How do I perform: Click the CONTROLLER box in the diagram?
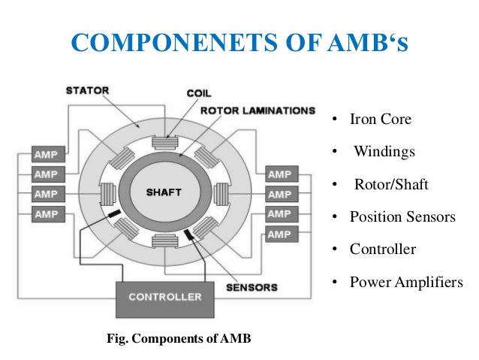click(164, 297)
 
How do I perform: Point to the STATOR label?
click(87, 92)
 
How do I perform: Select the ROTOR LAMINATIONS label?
click(257, 110)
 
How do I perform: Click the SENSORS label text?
click(252, 287)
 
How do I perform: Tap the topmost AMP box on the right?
click(279, 174)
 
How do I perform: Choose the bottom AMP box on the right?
click(279, 234)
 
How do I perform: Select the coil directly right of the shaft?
click(222, 193)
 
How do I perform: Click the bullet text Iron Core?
click(381, 119)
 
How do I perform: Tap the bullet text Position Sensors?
click(402, 217)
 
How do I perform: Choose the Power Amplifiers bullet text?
click(406, 283)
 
